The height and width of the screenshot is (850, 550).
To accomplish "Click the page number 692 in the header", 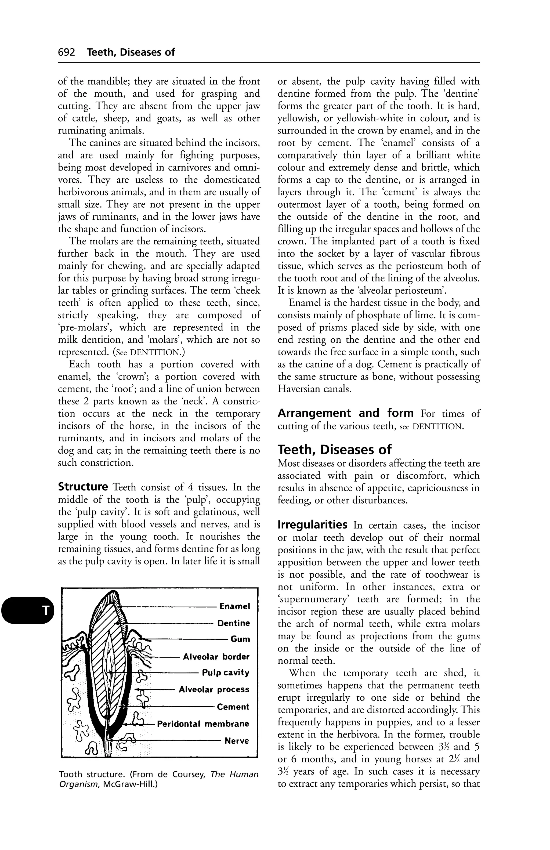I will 66,52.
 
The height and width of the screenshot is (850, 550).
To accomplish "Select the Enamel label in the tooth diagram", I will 235,606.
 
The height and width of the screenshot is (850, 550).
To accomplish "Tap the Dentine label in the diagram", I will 234,623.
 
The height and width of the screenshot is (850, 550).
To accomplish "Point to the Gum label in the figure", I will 240,639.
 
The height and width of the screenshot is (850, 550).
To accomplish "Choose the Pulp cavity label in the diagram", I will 226,673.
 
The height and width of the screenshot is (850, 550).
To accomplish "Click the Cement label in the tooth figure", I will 233,707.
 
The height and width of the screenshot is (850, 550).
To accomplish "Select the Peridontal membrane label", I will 203,724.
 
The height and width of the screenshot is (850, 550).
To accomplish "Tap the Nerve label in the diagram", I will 236,741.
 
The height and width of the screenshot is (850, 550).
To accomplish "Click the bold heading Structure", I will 83,487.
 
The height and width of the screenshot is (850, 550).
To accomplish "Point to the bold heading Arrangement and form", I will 345,413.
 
